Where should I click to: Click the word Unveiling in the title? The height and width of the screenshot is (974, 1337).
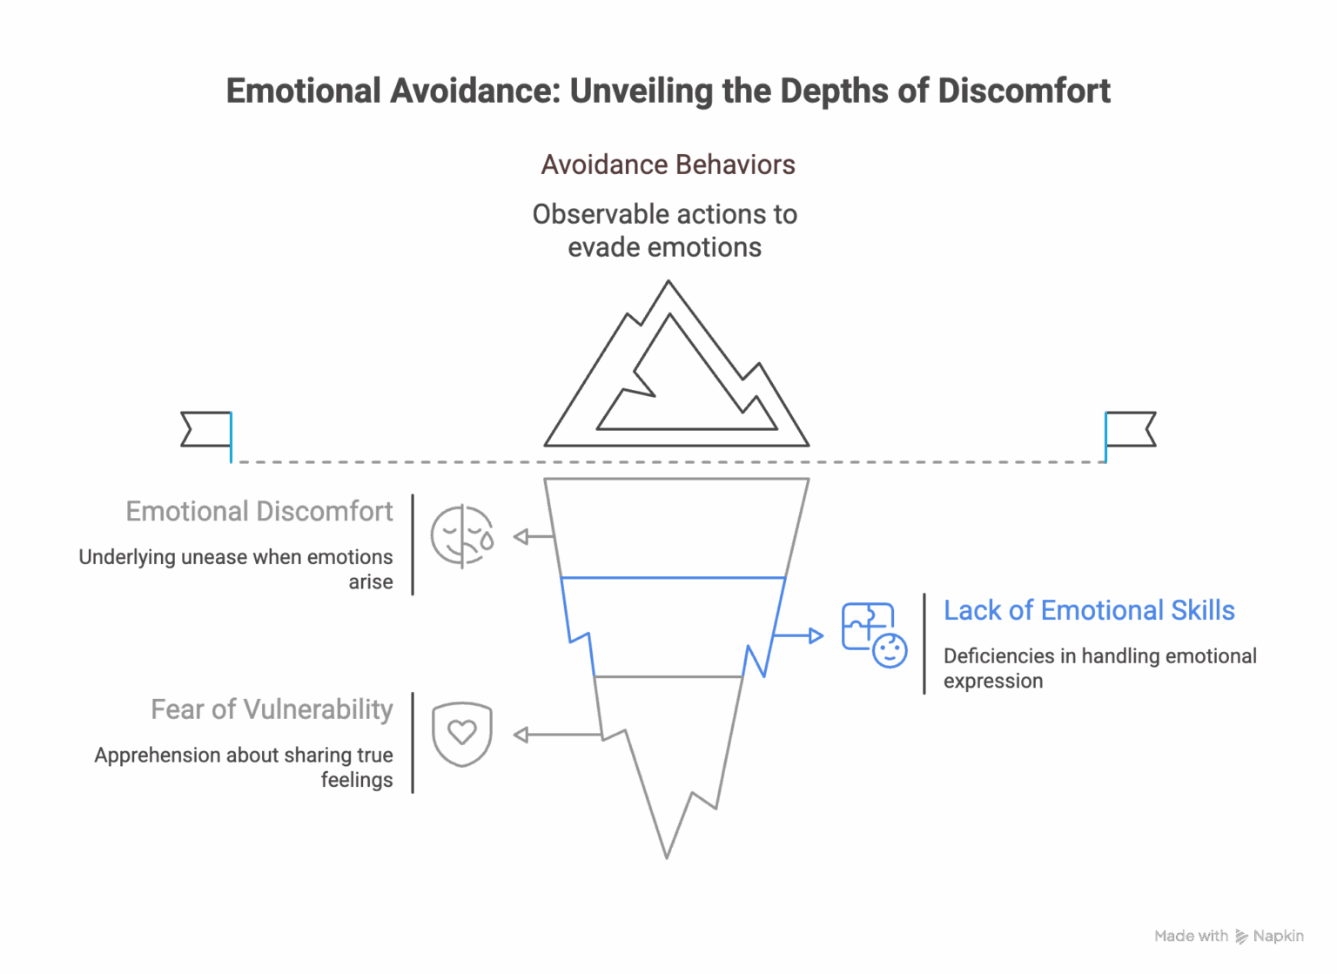point(642,92)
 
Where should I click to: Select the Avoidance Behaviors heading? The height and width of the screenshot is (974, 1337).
point(668,165)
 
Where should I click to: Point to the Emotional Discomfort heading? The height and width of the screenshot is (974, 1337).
point(259,512)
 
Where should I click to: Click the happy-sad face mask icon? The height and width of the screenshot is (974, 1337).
point(462,536)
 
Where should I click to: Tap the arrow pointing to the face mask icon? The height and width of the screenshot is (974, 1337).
point(534,536)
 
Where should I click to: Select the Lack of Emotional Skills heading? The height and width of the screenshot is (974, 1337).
point(1089,610)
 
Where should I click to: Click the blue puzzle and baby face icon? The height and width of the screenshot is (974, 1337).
point(875,635)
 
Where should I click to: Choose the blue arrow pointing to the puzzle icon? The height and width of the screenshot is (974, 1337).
point(798,635)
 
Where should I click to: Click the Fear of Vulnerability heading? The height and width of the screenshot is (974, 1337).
point(272,709)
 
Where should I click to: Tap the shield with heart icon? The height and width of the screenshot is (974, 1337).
point(462,734)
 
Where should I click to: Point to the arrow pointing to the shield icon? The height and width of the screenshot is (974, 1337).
point(557,735)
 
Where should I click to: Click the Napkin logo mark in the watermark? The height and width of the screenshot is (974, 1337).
point(1241,937)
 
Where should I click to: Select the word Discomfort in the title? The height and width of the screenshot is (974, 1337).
point(1024,92)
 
